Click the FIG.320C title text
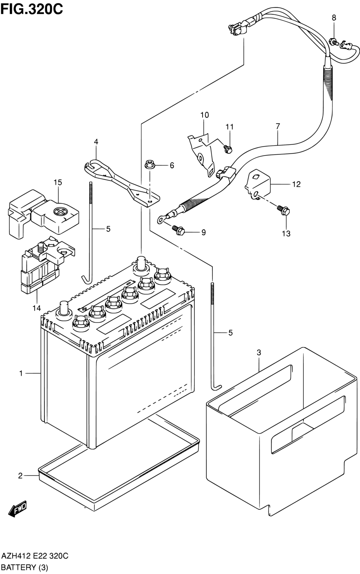point(32,9)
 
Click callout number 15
point(58,183)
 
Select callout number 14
point(37,308)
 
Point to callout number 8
point(334,18)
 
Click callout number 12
point(296,184)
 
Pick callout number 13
point(286,233)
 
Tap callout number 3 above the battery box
point(259,352)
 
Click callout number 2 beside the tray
point(20,476)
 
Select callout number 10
point(204,115)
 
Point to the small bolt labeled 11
point(227,149)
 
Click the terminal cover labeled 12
point(258,184)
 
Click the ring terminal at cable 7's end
point(161,219)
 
